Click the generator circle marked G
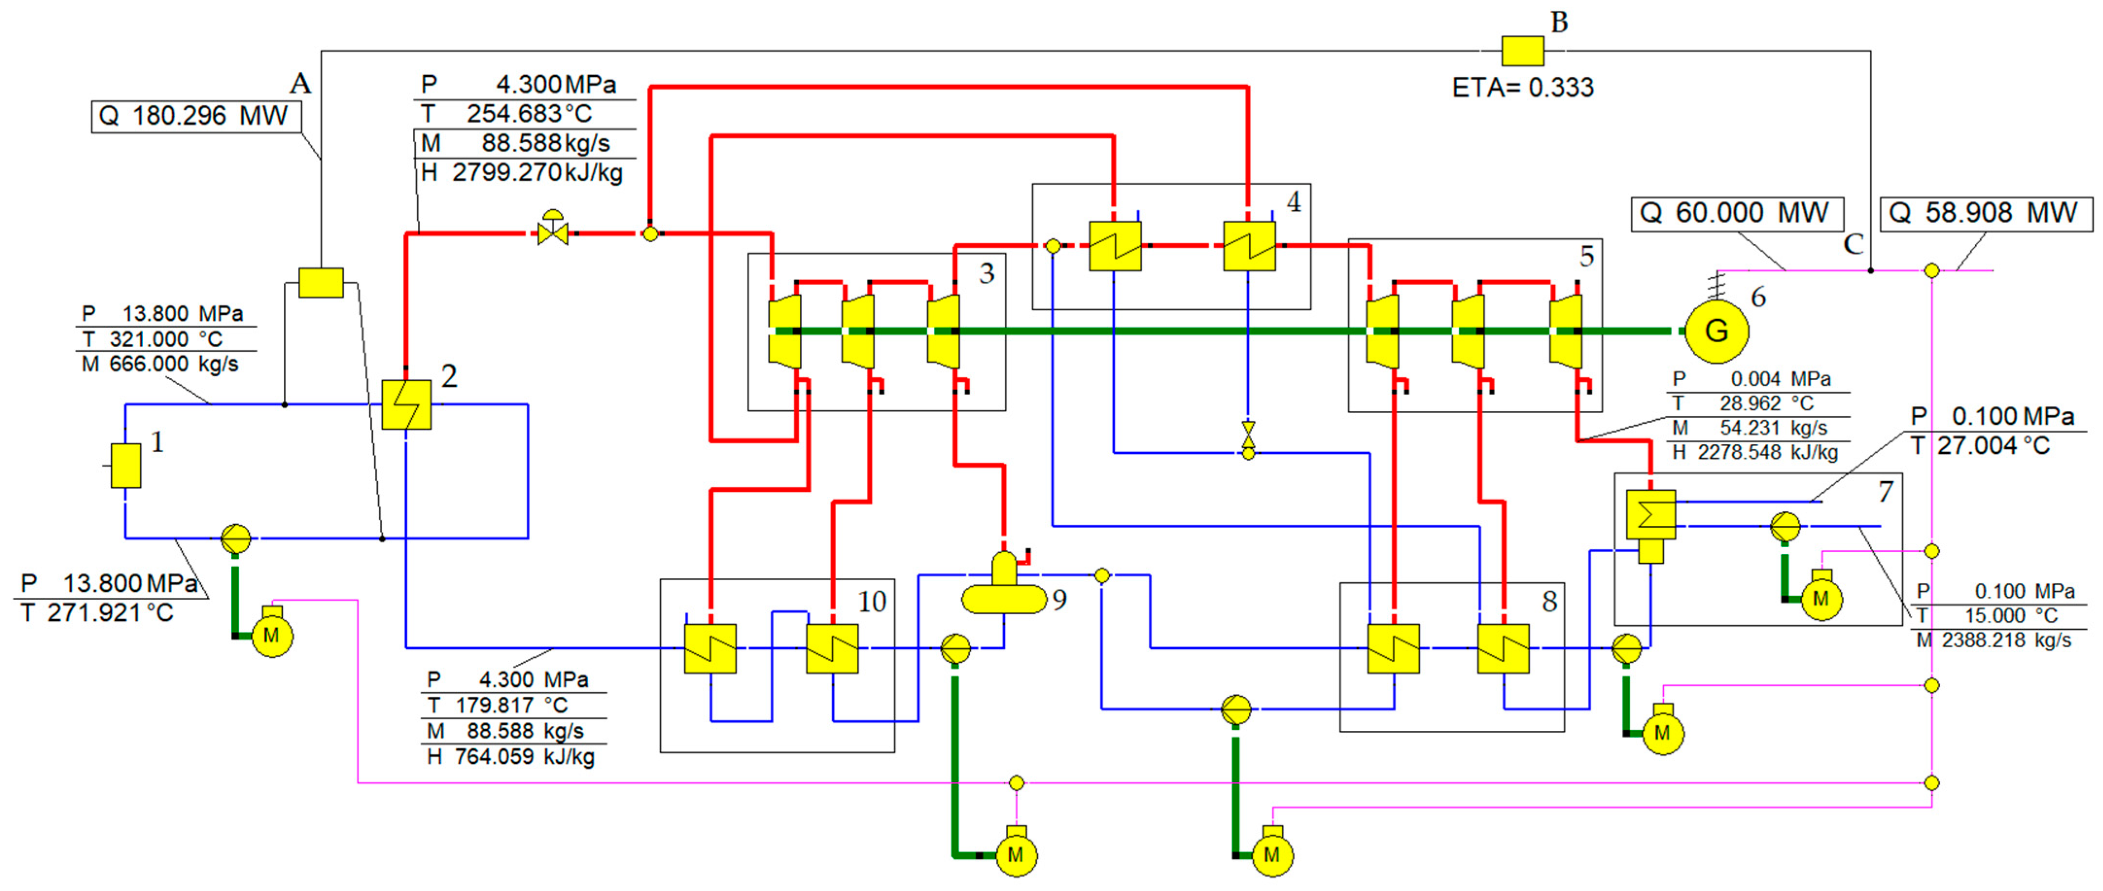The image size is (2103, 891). pyautogui.click(x=1716, y=331)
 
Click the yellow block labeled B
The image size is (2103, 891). pyautogui.click(x=1522, y=50)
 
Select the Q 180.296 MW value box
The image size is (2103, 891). pyautogui.click(x=195, y=116)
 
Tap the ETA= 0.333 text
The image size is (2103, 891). pyautogui.click(x=1522, y=87)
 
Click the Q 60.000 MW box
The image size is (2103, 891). pyautogui.click(x=1737, y=214)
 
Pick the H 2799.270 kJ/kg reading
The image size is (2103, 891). pyautogui.click(x=522, y=173)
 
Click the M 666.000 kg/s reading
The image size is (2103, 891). pyautogui.click(x=161, y=364)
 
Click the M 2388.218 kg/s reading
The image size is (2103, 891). pyautogui.click(x=1994, y=640)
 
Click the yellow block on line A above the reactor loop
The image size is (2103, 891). pyautogui.click(x=321, y=282)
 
